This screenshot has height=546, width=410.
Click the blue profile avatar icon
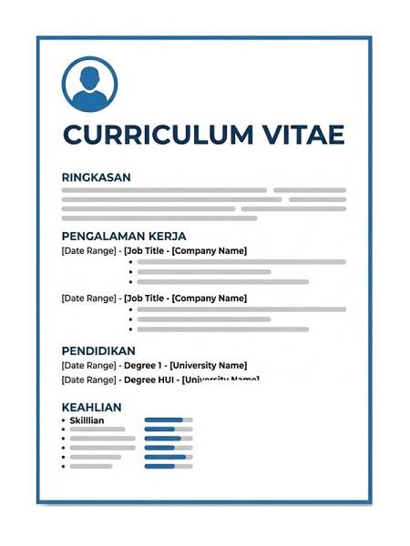pos(89,85)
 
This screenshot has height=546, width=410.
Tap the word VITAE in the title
pos(304,135)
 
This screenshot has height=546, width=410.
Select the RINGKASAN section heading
pos(96,177)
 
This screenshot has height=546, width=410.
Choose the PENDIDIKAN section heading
pos(98,350)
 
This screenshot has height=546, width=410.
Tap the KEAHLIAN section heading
pos(91,407)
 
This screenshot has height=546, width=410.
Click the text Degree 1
pos(144,366)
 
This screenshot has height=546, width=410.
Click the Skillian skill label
pos(87,420)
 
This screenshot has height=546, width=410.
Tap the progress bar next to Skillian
pos(169,420)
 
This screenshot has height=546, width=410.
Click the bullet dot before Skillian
pos(63,420)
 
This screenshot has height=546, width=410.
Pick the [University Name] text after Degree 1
pos(209,366)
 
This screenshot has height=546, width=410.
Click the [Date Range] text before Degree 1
pos(87,366)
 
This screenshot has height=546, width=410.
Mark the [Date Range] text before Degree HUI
pos(87,380)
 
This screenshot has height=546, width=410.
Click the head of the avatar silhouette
pos(89,76)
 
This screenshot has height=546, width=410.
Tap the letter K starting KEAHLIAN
pos(66,407)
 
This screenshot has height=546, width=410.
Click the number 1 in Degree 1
pos(160,366)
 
